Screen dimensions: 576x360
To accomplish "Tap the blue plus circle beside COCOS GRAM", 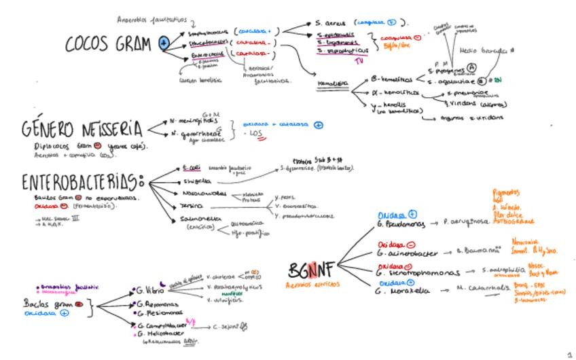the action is pos(164,43).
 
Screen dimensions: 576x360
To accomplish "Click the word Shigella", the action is pos(196,181).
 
